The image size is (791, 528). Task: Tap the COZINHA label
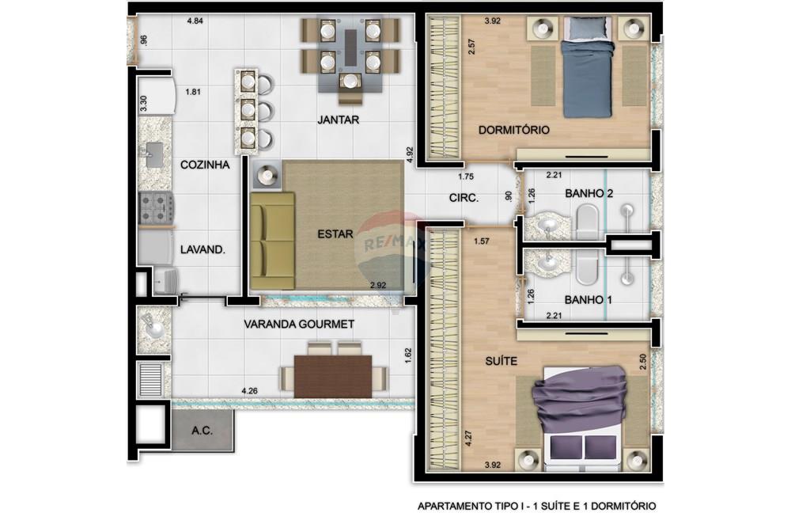tap(205, 165)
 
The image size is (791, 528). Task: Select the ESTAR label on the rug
tap(331, 234)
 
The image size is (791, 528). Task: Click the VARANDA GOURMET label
tap(298, 324)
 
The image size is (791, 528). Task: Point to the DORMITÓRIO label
tap(514, 130)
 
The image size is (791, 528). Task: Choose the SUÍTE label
tap(501, 361)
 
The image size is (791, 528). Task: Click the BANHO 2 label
tap(590, 193)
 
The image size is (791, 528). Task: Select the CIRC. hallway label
tap(464, 199)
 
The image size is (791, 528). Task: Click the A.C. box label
tap(202, 431)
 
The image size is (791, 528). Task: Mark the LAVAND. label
tap(203, 249)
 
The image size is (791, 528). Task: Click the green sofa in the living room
tap(271, 241)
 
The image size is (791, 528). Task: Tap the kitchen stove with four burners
tap(157, 208)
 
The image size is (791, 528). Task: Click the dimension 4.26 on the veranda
tap(250, 390)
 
